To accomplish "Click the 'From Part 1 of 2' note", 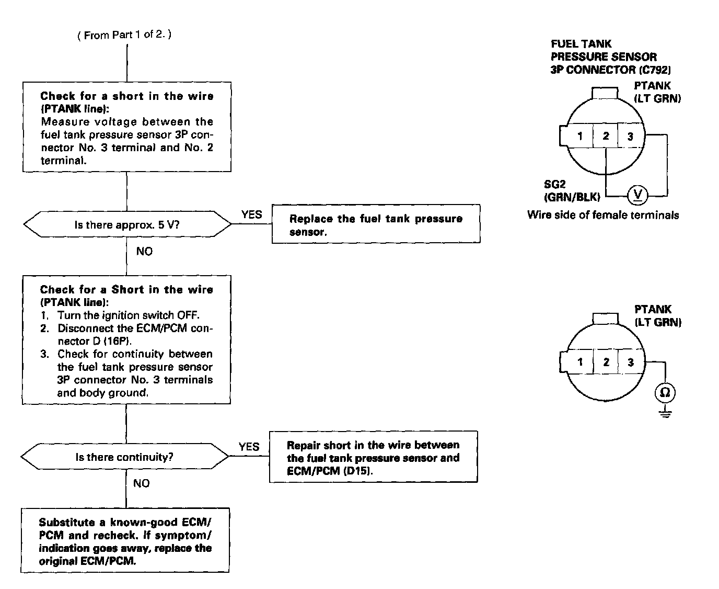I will click(124, 35).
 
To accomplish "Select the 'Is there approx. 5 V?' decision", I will click(127, 225).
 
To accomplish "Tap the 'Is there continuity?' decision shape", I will click(124, 457).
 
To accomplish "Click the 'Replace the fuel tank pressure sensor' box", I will click(376, 225).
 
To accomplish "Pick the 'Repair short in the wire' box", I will click(373, 457).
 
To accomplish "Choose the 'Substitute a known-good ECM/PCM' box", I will click(125, 541).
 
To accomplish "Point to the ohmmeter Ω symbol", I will click(665, 392).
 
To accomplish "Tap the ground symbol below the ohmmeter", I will click(665, 413).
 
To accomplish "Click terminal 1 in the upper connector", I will click(580, 137).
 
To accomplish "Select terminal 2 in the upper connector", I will click(606, 137).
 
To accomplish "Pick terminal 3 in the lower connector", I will click(631, 362).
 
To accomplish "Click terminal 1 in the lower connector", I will click(580, 362).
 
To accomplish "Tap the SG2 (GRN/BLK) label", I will click(572, 191).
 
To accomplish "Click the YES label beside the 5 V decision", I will click(251, 214).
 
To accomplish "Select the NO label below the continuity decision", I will click(141, 483).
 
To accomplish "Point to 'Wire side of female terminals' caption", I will click(603, 215).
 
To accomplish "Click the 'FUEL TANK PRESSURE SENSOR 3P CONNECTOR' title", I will click(610, 56).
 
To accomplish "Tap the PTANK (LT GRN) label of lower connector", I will click(657, 316).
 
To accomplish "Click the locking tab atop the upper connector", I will click(606, 93).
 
